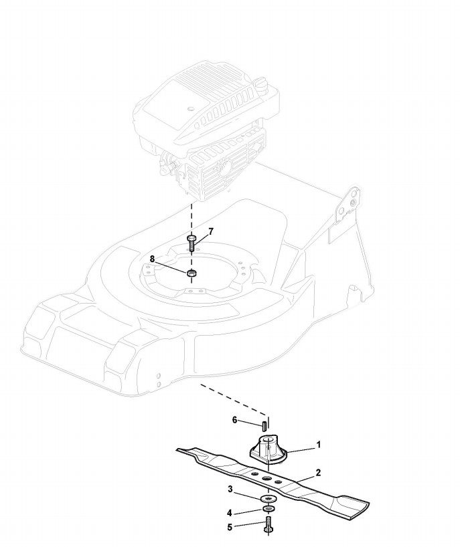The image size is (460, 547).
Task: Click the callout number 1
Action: [x=319, y=444]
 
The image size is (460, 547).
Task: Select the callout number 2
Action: [x=318, y=472]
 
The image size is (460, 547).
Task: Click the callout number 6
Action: [x=235, y=420]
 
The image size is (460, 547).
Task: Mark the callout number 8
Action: [x=152, y=258]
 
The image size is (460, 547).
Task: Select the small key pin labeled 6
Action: [x=264, y=423]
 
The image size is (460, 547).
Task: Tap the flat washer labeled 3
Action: [x=269, y=500]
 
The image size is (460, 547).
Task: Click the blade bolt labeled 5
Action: [x=269, y=526]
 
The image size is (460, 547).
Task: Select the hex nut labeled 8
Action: [x=191, y=272]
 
